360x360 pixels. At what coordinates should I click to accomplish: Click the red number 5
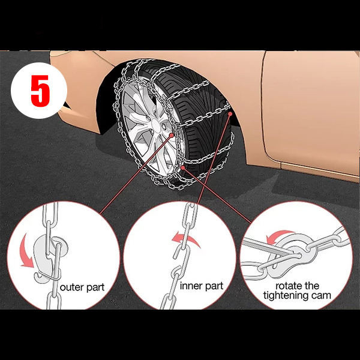(x=40, y=91)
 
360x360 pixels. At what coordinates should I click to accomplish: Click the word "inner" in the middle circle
(x=190, y=286)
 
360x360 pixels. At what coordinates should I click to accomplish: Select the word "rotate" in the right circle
(x=287, y=286)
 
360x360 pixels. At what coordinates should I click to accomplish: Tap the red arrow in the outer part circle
(x=26, y=251)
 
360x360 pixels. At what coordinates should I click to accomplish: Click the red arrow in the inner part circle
(x=186, y=239)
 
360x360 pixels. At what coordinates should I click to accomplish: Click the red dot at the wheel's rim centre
(x=172, y=135)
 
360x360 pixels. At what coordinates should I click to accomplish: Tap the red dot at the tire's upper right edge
(x=230, y=113)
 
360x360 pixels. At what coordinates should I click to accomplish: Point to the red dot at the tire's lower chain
(x=183, y=167)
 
